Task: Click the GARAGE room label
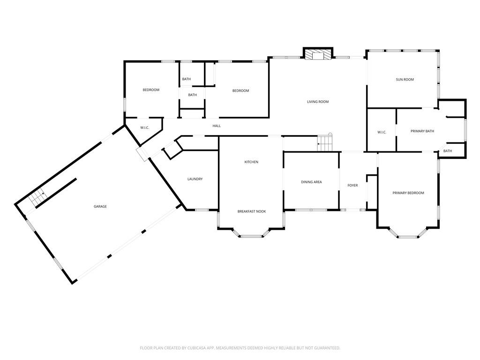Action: coord(100,206)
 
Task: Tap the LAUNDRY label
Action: coord(195,179)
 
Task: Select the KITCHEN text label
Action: coord(251,162)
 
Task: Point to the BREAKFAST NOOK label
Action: coord(251,211)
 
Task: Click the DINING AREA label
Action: coord(311,182)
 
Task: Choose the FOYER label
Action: coord(352,186)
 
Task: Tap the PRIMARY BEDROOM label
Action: coord(408,193)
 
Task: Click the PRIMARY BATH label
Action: coord(422,131)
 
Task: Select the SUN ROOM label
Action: coord(405,80)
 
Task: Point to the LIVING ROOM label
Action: coord(317,102)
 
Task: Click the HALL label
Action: coord(217,126)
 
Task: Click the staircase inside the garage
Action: coord(37,197)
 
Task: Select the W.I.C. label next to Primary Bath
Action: coord(382,132)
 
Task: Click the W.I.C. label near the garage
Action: coord(144,127)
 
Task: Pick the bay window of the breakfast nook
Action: coord(251,235)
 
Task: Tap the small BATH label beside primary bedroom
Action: coord(448,151)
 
